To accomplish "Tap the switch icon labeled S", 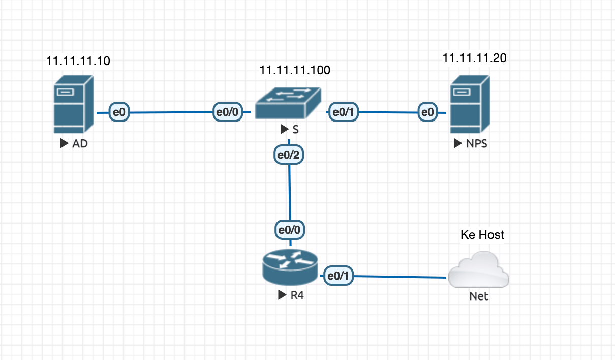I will (288, 103).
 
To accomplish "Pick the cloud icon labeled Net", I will (478, 271).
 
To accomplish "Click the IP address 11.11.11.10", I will (78, 61).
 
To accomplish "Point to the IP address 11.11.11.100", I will (295, 70).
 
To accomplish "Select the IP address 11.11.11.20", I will (474, 58).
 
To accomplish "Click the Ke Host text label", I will (482, 234).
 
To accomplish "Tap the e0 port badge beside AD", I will (119, 112).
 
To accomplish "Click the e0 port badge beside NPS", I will (427, 112).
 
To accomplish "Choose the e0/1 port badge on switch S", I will (344, 112).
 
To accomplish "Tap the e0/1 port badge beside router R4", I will (339, 276).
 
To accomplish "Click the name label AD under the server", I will (80, 144).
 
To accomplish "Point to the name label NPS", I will (476, 144).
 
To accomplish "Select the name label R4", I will (297, 295).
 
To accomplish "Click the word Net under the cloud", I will (478, 296).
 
